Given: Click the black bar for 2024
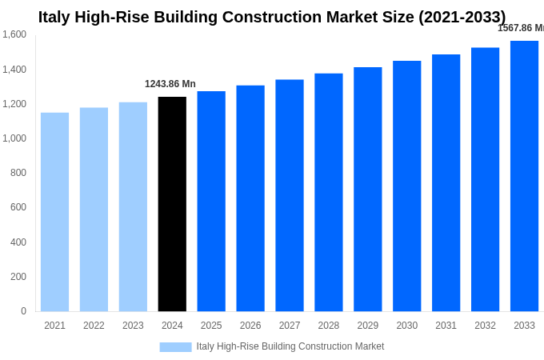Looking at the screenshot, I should pos(172,204).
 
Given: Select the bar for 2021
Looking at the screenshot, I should pos(54,212).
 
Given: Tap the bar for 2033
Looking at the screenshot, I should pos(524,176).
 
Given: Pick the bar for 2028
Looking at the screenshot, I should pos(328,192).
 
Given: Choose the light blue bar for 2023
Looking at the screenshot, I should pos(133,206).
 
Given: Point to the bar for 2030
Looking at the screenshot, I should pos(406,186).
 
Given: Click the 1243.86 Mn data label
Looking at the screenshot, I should pos(170,84).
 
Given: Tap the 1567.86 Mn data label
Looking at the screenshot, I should pos(521,28).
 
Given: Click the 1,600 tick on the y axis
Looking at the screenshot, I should pos(14,34).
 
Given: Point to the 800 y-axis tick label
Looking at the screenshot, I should pos(18,173).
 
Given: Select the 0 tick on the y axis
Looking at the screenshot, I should pos(23,311).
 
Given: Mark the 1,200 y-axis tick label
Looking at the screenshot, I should pos(14,104).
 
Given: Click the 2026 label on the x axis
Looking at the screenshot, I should pos(250,326).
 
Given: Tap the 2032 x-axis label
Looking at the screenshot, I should pos(485,326).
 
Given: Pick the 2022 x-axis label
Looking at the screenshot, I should pos(94,326).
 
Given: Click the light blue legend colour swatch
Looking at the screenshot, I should pos(175,347).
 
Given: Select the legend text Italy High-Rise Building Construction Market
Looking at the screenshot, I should pos(290,346).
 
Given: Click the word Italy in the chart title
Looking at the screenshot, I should pos(54,17).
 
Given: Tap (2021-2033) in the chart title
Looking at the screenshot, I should pos(462,17).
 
